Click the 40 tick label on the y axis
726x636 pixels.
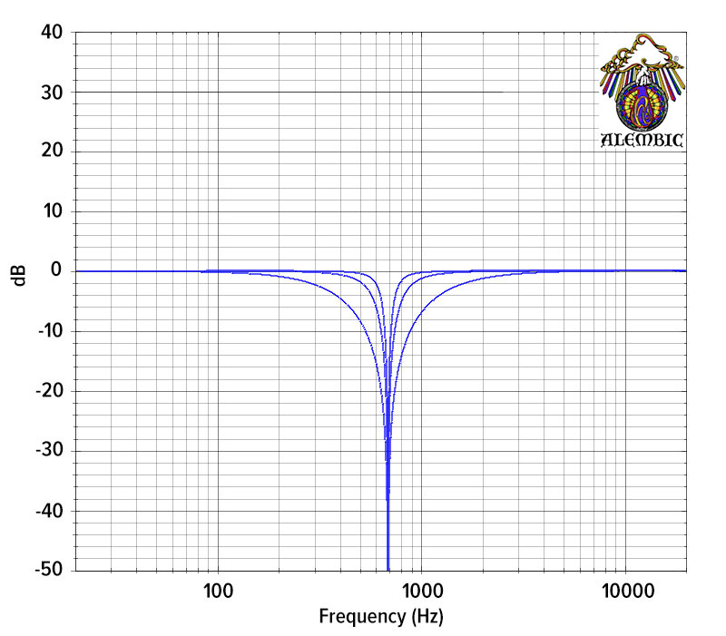[52, 33]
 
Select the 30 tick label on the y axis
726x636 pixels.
[52, 93]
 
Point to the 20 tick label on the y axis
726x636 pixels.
[52, 152]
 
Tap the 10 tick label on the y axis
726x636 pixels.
[52, 211]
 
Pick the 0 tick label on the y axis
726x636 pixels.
[56, 271]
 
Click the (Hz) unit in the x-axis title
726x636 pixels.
[427, 617]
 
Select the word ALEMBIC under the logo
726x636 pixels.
[643, 141]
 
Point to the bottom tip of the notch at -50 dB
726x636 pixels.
[388, 569]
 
